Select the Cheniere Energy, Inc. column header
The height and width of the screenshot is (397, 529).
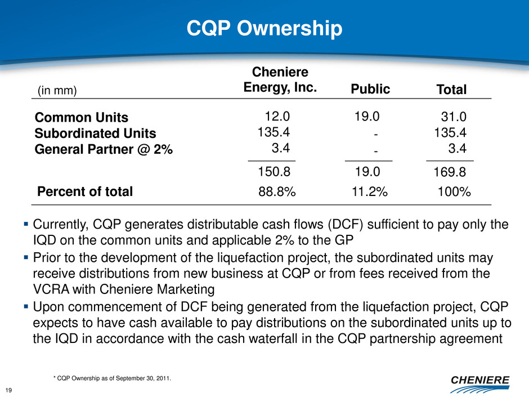click(280, 81)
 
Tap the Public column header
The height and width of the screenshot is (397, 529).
click(371, 89)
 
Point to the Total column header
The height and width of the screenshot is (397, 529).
click(452, 90)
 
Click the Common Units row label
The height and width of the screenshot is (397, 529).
click(82, 118)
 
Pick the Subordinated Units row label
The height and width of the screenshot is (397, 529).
click(95, 133)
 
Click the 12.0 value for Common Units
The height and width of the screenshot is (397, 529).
click(277, 117)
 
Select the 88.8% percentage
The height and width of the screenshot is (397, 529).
click(277, 191)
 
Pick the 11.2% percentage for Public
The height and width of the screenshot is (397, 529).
click(369, 191)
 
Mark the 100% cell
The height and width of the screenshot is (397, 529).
click(454, 191)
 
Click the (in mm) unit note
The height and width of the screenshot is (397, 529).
click(57, 90)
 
